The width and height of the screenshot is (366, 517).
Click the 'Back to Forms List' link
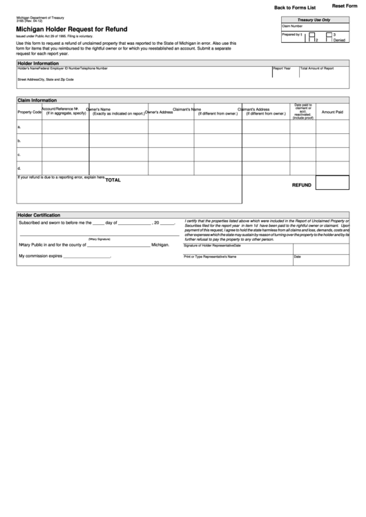tap(295, 7)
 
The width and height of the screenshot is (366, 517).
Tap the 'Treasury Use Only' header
tap(314, 20)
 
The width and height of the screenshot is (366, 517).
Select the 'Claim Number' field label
tap(292, 26)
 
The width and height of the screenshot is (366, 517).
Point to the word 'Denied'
tap(339, 40)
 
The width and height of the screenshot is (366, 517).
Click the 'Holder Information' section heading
tap(38, 63)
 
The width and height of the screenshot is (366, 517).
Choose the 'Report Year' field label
tap(282, 68)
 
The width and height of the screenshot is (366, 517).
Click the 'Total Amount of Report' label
tap(316, 68)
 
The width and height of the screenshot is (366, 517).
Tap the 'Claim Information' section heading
tap(37, 100)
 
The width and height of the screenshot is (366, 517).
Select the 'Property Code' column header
tap(30, 112)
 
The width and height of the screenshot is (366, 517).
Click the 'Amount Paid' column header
tap(332, 112)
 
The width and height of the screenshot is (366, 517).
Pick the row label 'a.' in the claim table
tap(19, 127)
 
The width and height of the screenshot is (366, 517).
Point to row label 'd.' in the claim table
tap(19, 168)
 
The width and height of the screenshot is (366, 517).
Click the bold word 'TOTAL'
tap(113, 179)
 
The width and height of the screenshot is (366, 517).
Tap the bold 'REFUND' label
tap(302, 185)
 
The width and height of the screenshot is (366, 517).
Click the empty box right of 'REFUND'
tap(332, 182)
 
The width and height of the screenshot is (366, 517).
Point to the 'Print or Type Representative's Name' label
tap(210, 256)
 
